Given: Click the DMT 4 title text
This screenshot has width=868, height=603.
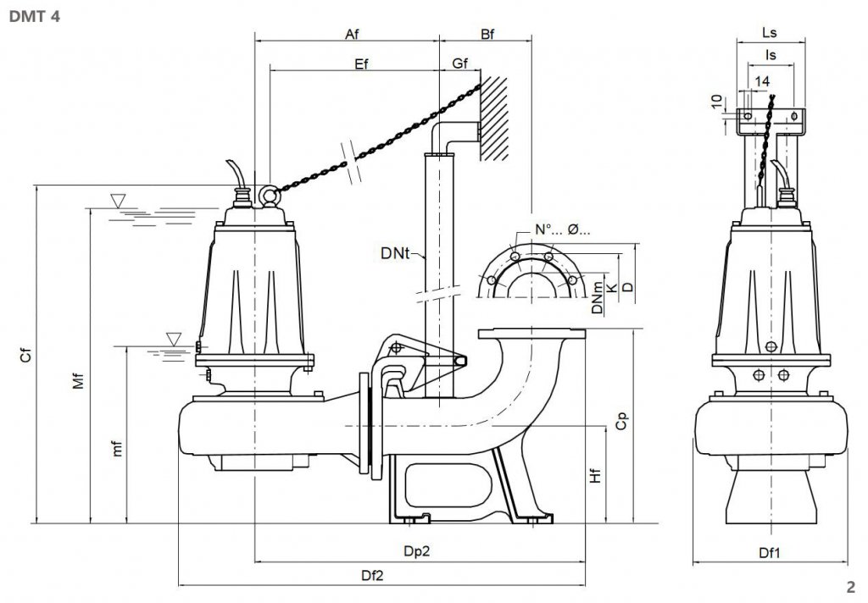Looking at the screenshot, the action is [34, 16].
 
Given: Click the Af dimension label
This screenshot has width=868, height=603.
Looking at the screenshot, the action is [352, 34].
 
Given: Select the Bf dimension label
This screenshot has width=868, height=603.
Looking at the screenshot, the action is [487, 34].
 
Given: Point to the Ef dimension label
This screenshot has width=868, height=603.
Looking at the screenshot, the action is [361, 64].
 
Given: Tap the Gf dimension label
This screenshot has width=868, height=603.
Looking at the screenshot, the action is [460, 64].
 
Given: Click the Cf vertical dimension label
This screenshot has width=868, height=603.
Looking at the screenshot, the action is [25, 355].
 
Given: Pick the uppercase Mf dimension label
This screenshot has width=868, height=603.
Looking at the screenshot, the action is [79, 380].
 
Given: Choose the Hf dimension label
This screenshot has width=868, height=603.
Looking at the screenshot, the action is [595, 475].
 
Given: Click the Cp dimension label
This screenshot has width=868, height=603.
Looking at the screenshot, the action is [621, 421].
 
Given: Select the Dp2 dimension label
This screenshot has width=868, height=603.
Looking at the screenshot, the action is [416, 551].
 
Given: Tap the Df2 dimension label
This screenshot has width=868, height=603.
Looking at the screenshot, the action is [372, 575].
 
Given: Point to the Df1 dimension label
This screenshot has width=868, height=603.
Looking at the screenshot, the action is [770, 553].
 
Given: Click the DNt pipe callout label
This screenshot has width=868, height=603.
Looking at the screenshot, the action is [395, 253].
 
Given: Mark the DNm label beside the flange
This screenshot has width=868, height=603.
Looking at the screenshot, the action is [597, 297].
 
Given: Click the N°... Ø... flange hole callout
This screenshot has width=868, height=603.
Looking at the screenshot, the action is [562, 230].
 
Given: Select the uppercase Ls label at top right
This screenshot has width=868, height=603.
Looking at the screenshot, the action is [770, 33].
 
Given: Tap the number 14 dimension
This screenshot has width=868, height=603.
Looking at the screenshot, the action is [762, 81].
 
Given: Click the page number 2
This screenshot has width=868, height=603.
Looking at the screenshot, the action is [851, 587].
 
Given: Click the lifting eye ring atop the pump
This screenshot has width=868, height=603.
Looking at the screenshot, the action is [269, 195].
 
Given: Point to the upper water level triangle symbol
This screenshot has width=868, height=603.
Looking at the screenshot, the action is [118, 201].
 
